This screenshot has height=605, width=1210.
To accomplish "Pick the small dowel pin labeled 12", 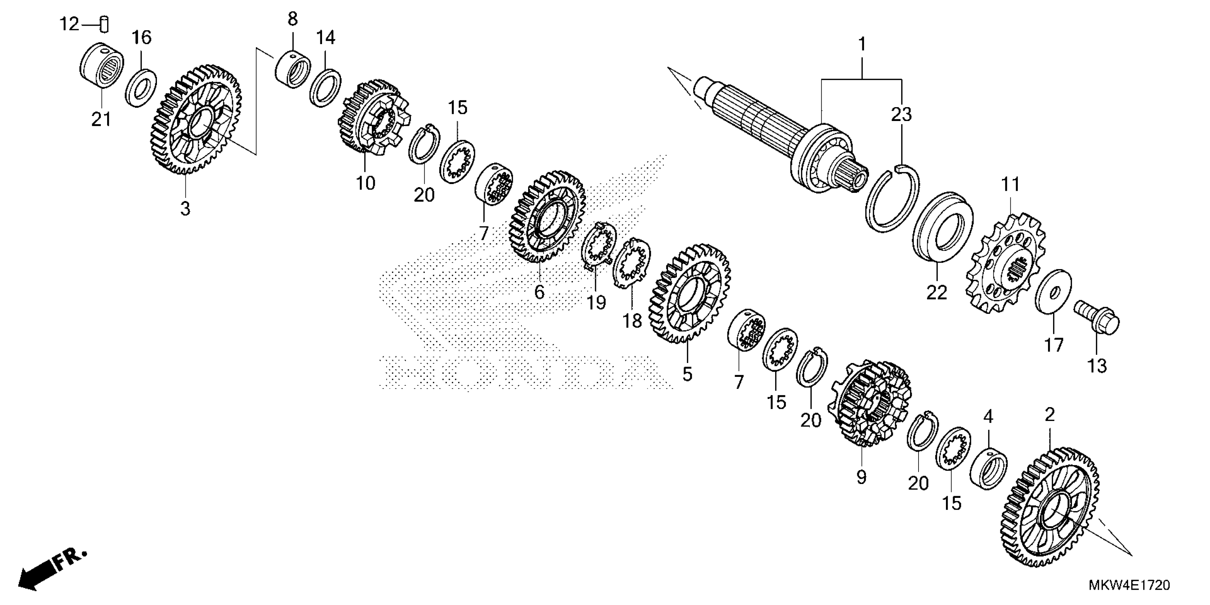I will (x=104, y=25).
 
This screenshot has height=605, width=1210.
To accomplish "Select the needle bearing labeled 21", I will (x=101, y=68).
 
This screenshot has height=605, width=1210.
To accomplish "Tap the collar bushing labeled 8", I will (x=292, y=69).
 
